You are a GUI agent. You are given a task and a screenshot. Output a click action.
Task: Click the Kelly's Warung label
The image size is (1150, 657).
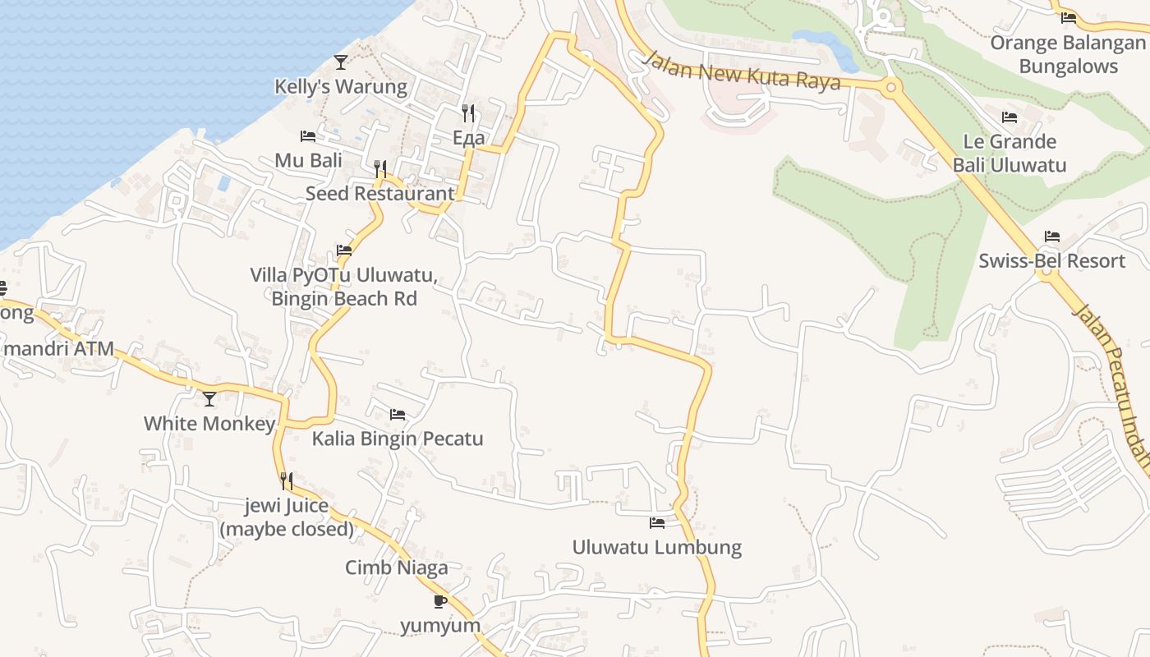(340, 86)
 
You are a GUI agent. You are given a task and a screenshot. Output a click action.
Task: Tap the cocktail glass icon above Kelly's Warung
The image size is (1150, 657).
(341, 62)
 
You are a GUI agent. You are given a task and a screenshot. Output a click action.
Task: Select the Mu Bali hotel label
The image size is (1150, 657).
(308, 160)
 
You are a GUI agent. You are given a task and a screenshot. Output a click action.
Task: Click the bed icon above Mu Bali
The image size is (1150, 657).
(308, 136)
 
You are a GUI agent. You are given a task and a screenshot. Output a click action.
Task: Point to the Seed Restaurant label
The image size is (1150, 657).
(379, 194)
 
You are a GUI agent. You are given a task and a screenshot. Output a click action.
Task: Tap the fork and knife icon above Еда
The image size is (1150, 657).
(468, 113)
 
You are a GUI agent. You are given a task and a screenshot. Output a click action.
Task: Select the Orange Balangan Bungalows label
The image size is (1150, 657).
(1068, 54)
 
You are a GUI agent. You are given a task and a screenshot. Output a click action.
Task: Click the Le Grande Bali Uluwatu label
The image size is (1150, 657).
(1010, 153)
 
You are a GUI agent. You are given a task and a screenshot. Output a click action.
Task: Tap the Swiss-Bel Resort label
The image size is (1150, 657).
(1051, 261)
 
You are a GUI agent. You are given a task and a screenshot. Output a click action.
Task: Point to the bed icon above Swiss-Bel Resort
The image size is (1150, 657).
(1052, 237)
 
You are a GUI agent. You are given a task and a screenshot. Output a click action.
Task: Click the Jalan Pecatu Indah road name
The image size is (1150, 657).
(1113, 386)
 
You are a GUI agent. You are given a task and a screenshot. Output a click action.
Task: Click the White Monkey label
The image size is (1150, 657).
(209, 424)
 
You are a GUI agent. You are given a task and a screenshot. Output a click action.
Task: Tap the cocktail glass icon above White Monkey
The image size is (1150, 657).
(209, 399)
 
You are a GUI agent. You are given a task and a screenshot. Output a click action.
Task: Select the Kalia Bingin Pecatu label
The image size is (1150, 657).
(398, 439)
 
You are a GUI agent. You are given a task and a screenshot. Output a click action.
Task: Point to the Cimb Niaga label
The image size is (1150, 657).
(397, 567)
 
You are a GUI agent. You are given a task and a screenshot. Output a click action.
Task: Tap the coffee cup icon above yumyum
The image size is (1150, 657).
(440, 601)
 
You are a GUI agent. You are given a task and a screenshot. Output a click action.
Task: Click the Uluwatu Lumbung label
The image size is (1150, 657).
(657, 547)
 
